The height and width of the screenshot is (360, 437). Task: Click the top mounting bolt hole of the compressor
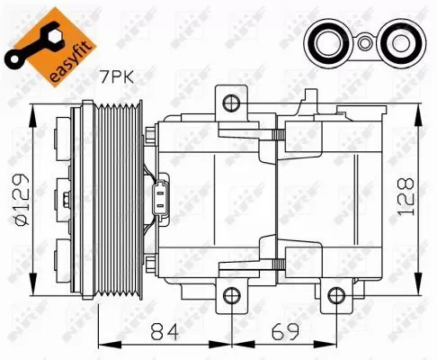(x=231, y=101)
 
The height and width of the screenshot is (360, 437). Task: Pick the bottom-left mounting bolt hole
(x=231, y=295)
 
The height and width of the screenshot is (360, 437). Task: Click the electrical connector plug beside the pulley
(x=163, y=197)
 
